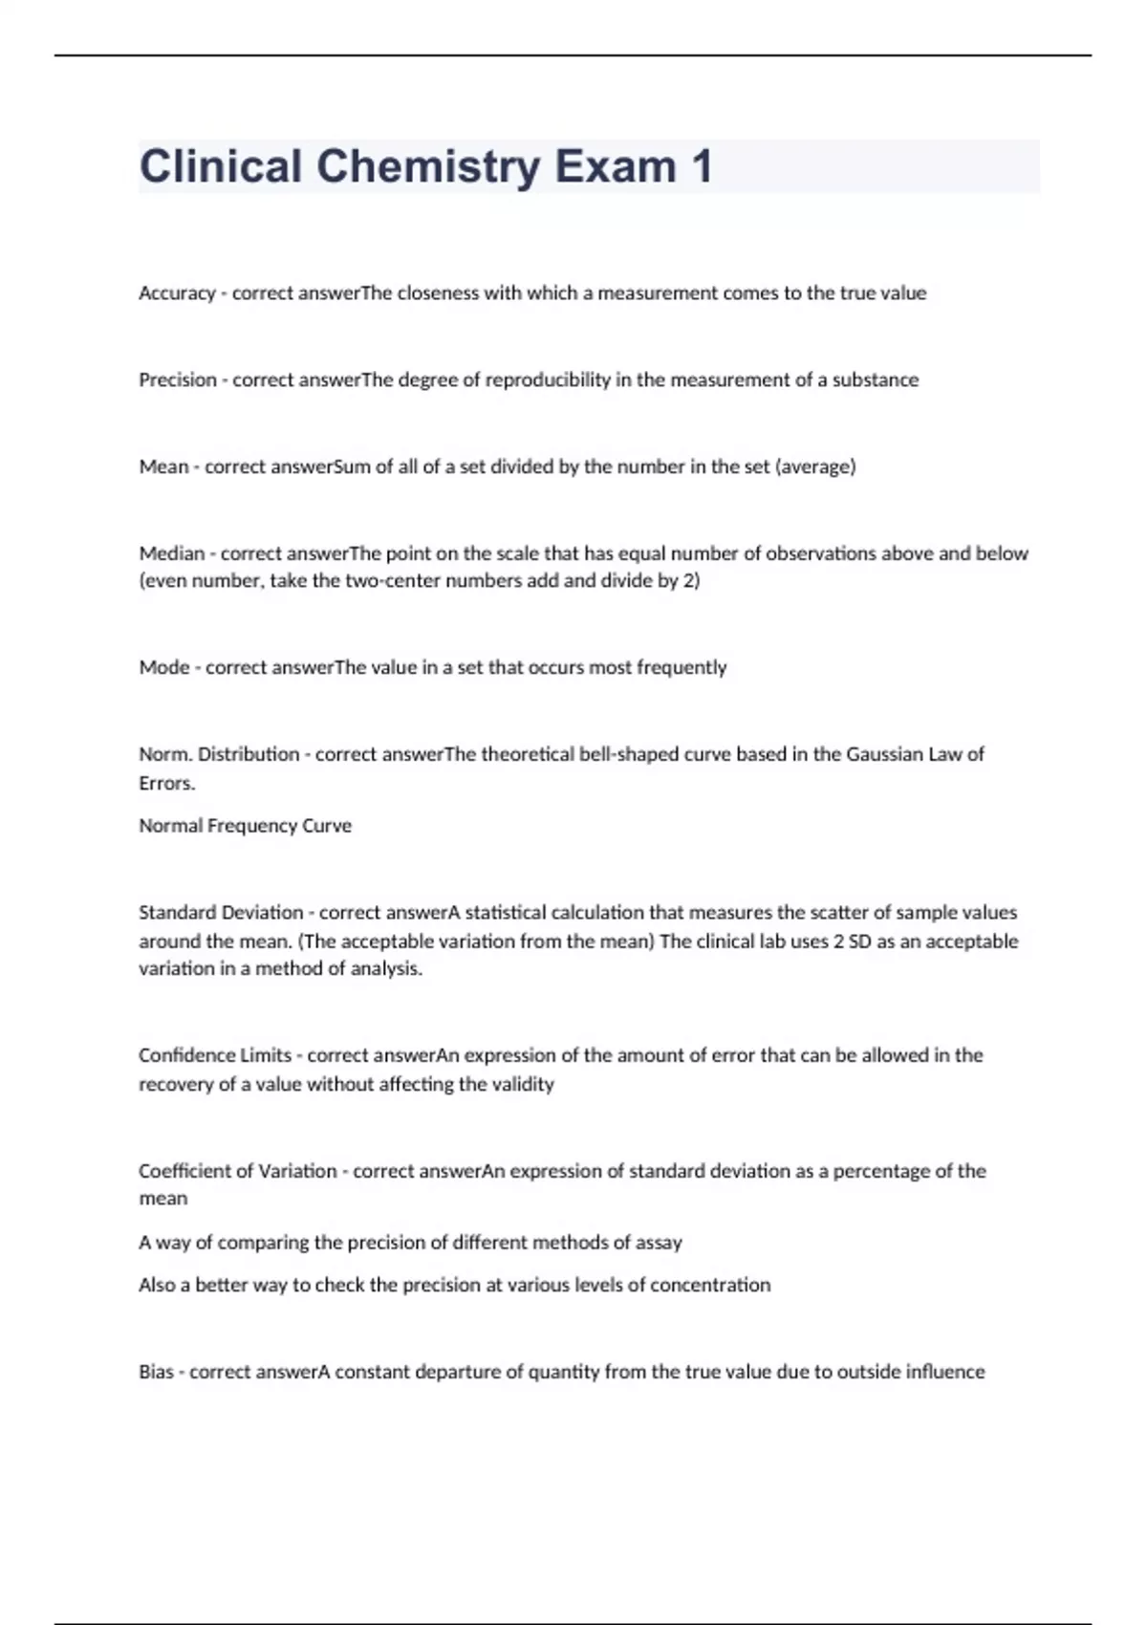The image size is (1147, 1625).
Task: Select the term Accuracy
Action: click(x=177, y=293)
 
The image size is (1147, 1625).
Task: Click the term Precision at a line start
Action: click(x=178, y=380)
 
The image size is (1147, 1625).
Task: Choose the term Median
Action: click(x=172, y=553)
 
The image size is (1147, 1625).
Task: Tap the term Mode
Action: click(x=164, y=667)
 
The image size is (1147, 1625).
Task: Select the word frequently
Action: click(x=682, y=667)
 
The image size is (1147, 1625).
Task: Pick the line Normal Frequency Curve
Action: click(x=245, y=826)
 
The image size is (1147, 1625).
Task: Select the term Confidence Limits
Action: click(x=215, y=1055)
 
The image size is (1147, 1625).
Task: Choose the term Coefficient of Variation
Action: click(x=238, y=1171)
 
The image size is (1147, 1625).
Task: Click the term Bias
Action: click(x=156, y=1372)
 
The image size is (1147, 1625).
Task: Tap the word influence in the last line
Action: click(x=945, y=1372)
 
